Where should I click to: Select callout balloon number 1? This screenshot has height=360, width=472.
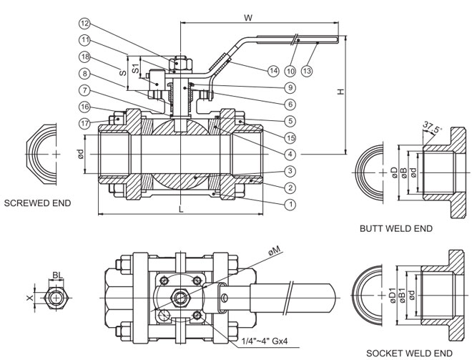coord(290,205)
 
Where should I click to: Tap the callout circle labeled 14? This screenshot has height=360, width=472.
coord(272,70)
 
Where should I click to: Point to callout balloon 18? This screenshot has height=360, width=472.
coord(84,56)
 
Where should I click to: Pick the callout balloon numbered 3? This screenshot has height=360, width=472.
coord(290,171)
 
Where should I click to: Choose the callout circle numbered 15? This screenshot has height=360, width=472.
coord(290,137)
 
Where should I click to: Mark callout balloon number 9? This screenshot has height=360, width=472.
coord(290,87)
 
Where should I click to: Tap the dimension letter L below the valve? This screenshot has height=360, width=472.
coord(180,209)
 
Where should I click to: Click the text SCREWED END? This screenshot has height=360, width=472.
coord(37,203)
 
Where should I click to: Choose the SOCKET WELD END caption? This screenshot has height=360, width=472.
coord(409,352)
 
